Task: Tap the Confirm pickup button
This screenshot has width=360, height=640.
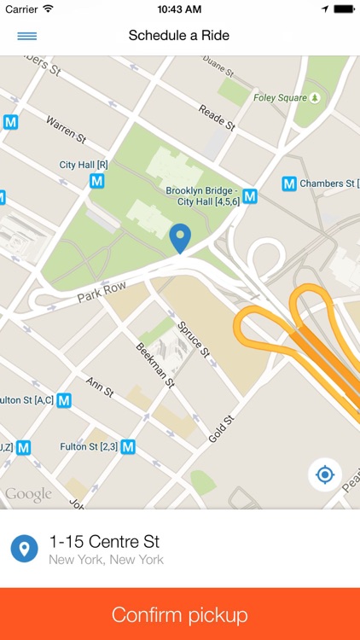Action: [x=180, y=614]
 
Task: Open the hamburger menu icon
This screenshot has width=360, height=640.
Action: [x=27, y=36]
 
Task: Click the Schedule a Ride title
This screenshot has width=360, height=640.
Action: [x=179, y=36]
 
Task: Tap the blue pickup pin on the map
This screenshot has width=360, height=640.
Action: [x=180, y=238]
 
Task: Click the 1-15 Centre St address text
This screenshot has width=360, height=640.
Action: [x=105, y=541]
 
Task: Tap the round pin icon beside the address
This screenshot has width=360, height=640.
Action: [x=25, y=549]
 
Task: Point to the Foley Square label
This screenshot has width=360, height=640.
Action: [x=280, y=98]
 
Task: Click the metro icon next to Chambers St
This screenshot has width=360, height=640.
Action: [x=289, y=183]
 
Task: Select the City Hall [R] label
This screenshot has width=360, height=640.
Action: [x=84, y=165]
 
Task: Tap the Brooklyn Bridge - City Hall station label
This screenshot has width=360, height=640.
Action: [x=203, y=196]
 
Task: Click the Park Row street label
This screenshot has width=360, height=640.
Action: [x=102, y=293]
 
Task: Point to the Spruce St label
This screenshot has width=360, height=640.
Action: [x=193, y=338]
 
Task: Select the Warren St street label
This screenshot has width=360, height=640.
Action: [x=67, y=130]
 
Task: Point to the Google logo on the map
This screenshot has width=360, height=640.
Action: [x=28, y=494]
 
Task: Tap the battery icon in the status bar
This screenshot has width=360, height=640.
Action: [x=343, y=9]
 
